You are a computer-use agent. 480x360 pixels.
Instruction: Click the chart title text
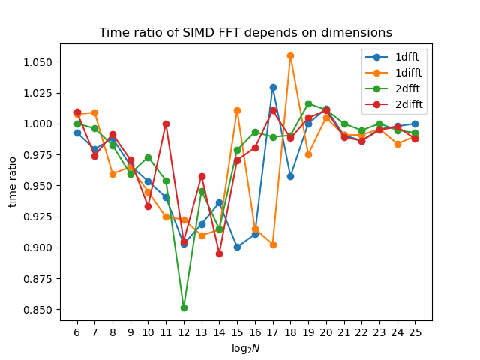coord(245,32)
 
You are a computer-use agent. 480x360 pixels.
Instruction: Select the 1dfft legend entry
coord(392,57)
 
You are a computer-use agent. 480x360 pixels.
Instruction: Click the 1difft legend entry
coord(394,73)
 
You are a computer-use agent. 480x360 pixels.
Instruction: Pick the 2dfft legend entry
coord(392,88)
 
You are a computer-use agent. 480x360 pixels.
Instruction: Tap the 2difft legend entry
coord(394,104)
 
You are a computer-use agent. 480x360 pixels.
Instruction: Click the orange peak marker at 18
coord(291,56)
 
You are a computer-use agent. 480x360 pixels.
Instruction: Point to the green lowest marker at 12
coord(184,308)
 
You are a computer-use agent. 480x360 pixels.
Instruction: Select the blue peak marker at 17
coord(273,88)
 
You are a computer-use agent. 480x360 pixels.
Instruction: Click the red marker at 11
coord(166,124)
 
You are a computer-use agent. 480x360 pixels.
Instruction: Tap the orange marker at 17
coord(273,245)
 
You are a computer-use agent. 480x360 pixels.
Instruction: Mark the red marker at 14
coord(219,253)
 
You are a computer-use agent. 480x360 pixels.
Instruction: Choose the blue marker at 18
coord(291,177)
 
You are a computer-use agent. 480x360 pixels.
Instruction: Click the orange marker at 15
coord(237,110)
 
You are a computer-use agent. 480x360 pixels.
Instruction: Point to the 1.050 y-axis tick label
coord(38,62)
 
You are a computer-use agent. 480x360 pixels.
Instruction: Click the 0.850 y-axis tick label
coord(38,310)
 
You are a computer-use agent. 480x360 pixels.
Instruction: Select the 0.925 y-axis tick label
coord(38,217)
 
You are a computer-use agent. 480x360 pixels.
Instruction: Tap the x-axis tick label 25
coord(415,332)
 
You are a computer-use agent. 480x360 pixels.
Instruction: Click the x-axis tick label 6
coord(77,332)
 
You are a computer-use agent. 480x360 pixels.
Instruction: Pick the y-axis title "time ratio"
coord(12,182)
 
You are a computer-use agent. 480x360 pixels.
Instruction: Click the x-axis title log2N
coord(246,348)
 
